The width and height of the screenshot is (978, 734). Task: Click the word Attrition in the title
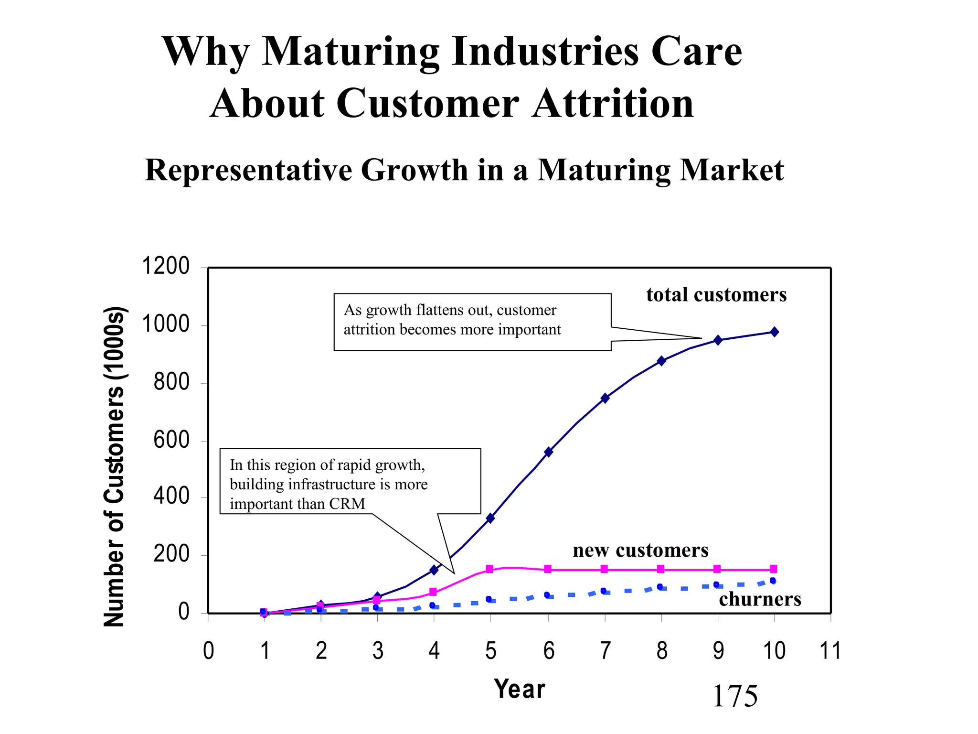click(613, 104)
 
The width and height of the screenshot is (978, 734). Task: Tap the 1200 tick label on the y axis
click(166, 266)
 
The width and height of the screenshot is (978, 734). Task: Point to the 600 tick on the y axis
click(171, 440)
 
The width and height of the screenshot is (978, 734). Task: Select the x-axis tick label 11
click(830, 651)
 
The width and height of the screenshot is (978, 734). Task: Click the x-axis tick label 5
click(490, 651)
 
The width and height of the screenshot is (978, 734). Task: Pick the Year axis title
click(520, 689)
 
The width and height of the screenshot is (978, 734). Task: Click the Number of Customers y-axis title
click(115, 466)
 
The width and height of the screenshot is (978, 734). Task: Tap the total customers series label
click(716, 295)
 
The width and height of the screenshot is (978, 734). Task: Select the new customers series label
click(640, 550)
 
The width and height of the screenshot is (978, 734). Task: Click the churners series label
click(760, 599)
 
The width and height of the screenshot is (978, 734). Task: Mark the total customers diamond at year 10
click(774, 332)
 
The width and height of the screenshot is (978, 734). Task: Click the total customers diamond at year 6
click(548, 452)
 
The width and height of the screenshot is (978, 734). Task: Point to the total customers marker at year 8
click(661, 361)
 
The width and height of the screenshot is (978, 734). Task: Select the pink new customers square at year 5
click(489, 569)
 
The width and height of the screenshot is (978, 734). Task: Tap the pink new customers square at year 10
click(774, 569)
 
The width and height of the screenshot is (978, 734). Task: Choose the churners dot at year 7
click(603, 591)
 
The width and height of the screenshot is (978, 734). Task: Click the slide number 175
click(734, 696)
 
